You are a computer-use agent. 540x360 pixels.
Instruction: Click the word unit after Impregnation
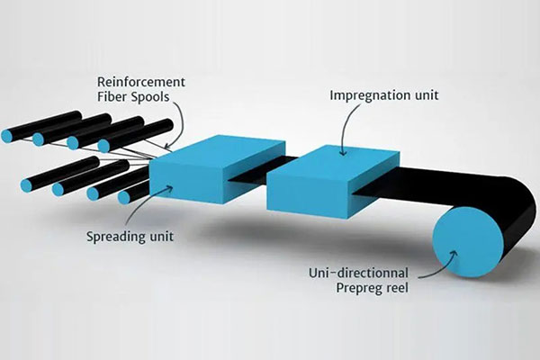(423, 94)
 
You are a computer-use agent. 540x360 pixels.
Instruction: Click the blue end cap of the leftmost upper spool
(7, 136)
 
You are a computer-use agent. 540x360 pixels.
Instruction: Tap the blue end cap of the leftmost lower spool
(26, 184)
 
